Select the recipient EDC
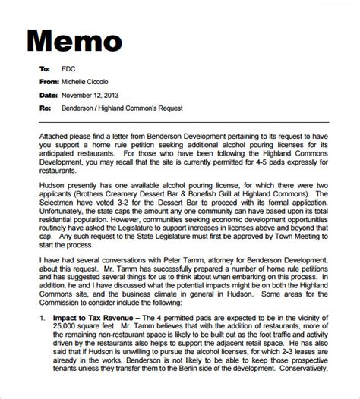69,68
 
